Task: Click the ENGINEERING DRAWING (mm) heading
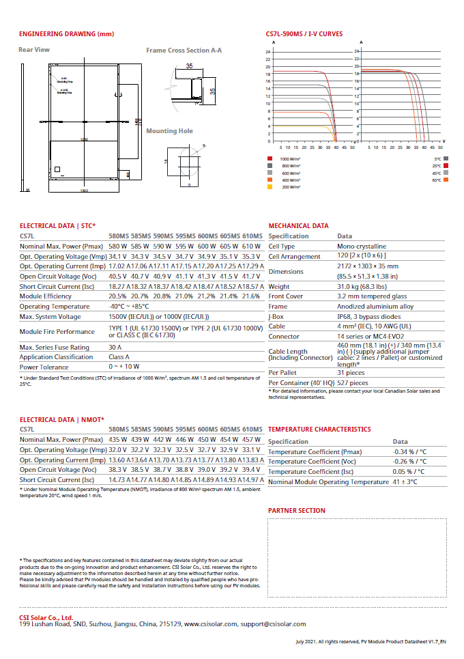[67, 33]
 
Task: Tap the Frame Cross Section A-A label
[184, 51]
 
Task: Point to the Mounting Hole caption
[169, 131]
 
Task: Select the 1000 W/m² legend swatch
[271, 158]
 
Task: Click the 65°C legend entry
[445, 180]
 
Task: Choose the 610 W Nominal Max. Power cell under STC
[252, 246]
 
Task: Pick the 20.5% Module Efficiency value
[117, 296]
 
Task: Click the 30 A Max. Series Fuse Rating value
[115, 347]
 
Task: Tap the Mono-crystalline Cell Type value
[361, 246]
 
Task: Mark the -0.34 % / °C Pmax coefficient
[409, 452]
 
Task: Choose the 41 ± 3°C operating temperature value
[405, 481]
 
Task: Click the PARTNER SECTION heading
[297, 510]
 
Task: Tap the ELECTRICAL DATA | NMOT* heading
[61, 419]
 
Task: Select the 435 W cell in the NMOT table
[118, 439]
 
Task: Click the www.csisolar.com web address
[210, 623]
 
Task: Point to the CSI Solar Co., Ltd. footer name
[46, 617]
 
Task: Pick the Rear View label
[34, 50]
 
